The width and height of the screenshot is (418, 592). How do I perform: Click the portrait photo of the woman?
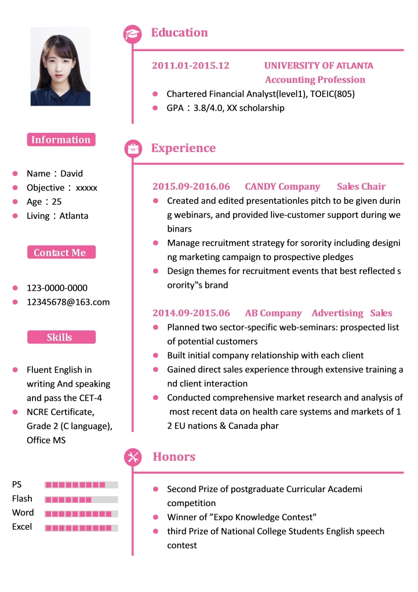click(60, 67)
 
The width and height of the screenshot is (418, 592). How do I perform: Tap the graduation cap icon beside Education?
click(133, 34)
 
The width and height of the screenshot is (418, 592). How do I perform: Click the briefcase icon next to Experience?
click(133, 149)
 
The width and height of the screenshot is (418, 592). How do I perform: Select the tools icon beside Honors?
click(133, 457)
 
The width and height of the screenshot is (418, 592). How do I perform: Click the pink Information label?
click(61, 140)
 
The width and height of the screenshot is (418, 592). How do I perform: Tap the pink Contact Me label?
click(61, 252)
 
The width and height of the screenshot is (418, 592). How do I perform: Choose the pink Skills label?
click(61, 337)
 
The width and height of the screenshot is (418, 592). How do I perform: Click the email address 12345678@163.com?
click(68, 302)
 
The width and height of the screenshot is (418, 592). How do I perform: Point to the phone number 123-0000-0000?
click(57, 288)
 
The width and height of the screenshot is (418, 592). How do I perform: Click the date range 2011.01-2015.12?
click(190, 66)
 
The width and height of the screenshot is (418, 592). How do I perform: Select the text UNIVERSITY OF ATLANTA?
click(318, 66)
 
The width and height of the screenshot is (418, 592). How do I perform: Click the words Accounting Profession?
click(315, 80)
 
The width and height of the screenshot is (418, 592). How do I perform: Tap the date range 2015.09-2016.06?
click(191, 186)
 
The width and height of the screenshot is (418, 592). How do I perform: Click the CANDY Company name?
click(282, 186)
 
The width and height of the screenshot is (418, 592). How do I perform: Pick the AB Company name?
click(273, 313)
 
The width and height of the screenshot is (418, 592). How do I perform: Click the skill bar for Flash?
click(81, 499)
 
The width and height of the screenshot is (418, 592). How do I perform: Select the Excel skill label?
click(22, 527)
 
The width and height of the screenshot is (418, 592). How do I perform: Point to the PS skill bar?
click(81, 485)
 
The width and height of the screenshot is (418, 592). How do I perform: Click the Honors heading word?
click(174, 457)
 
